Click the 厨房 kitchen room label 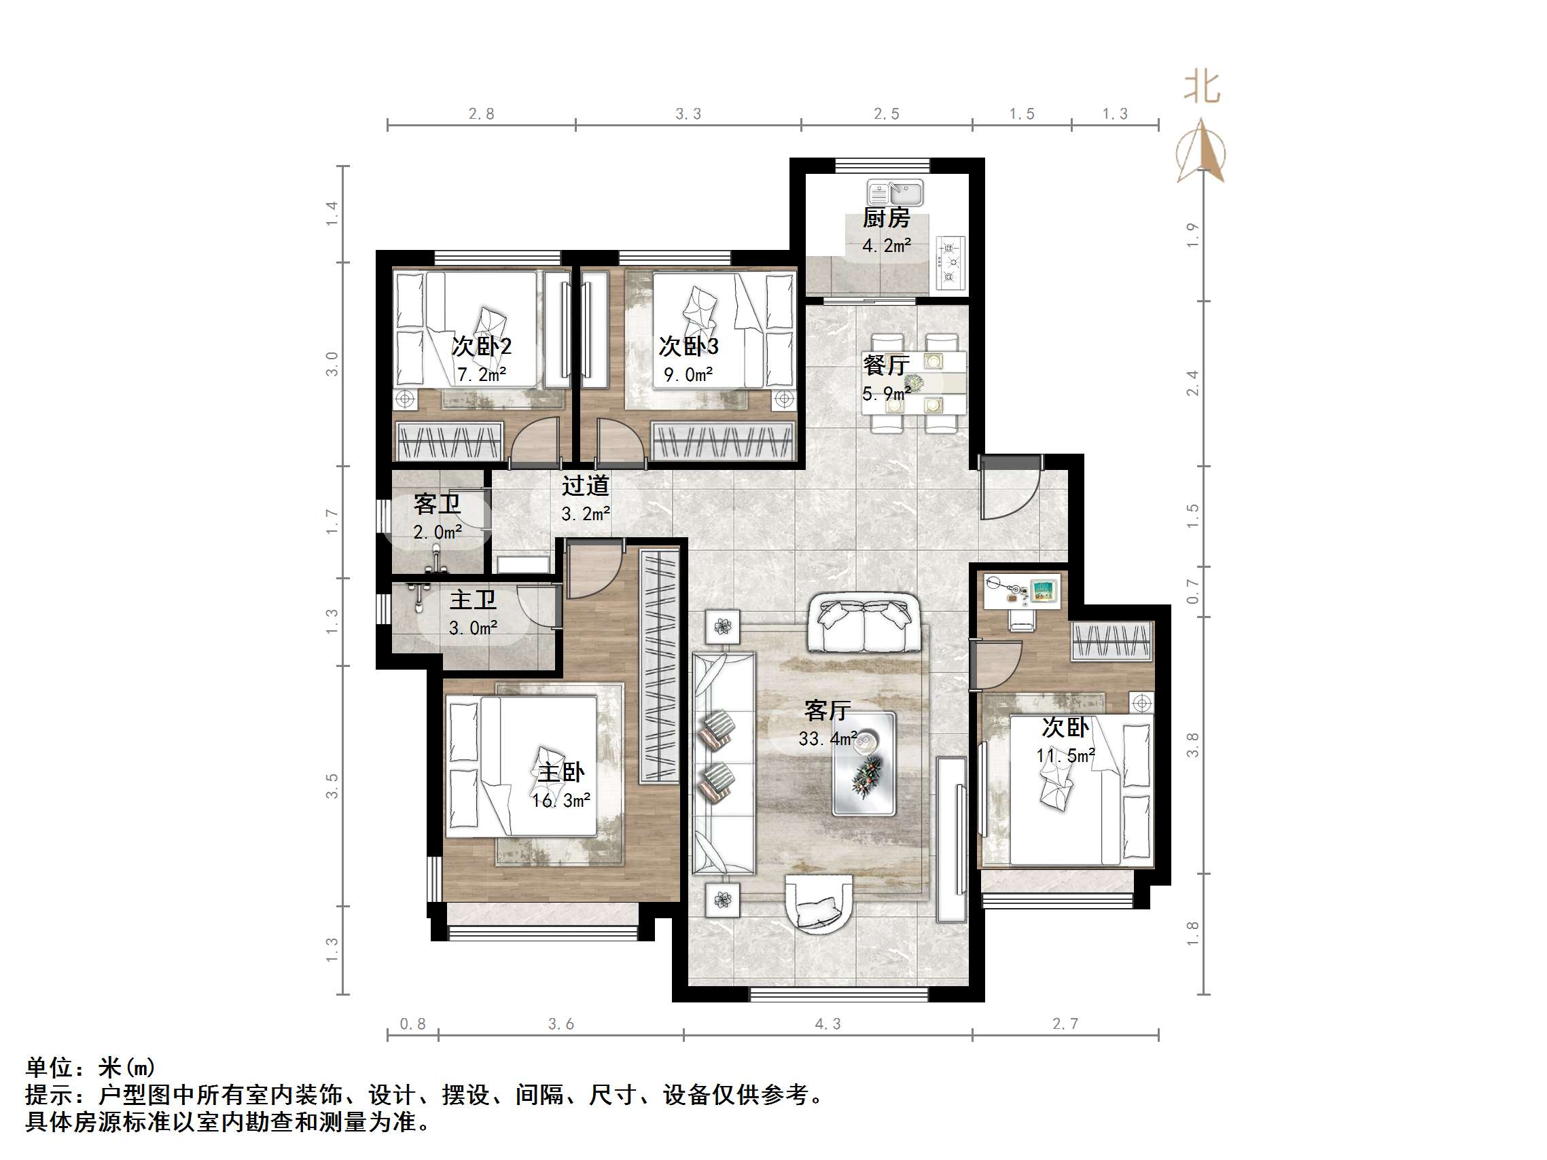(885, 218)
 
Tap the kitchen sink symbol (895, 192)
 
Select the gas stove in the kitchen (950, 262)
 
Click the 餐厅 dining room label (885, 364)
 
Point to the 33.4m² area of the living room (828, 738)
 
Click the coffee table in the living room (864, 763)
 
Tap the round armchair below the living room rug (819, 903)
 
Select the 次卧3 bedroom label (688, 346)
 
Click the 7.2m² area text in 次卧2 (481, 375)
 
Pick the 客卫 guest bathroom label (436, 503)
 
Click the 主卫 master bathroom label (473, 600)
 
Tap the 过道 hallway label (586, 485)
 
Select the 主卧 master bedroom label (561, 772)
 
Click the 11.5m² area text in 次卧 (1065, 755)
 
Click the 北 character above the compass (1201, 88)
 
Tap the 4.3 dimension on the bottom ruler (828, 1024)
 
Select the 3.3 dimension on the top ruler (688, 114)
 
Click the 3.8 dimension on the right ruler (1192, 744)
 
